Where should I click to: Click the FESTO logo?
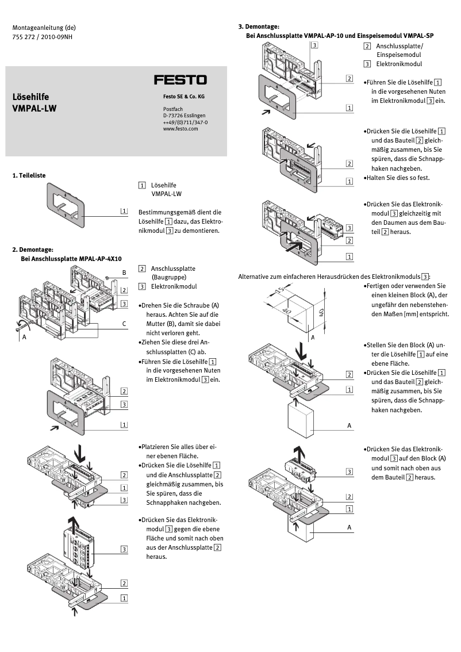pos(180,80)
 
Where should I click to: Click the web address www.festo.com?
pos(180,129)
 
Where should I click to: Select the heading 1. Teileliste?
pos(29,175)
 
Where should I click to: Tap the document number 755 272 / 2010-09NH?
pos(42,37)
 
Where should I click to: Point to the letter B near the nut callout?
pos(124,271)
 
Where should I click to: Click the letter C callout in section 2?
pos(124,324)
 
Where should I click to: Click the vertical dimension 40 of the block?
pos(322,313)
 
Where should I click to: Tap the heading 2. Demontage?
pos(33,250)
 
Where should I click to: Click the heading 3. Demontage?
pos(259,26)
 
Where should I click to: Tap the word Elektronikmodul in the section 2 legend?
pos(174,286)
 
